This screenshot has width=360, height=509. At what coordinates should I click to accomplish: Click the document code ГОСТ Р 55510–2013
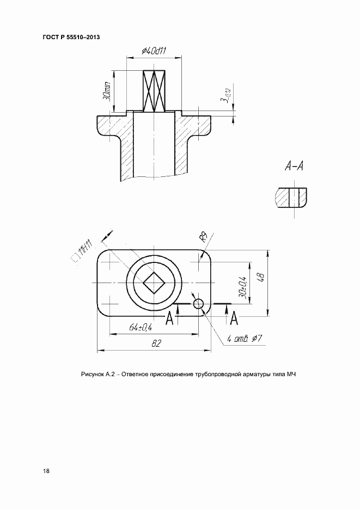[x=71, y=37]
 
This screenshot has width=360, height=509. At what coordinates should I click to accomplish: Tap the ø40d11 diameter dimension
[x=154, y=52]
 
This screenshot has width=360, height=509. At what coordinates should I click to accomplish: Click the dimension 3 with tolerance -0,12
[x=225, y=96]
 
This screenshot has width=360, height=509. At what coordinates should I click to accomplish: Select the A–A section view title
[x=294, y=167]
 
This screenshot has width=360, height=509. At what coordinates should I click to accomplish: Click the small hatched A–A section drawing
[x=291, y=198]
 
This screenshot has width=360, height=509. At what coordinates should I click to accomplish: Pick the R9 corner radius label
[x=204, y=237]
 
